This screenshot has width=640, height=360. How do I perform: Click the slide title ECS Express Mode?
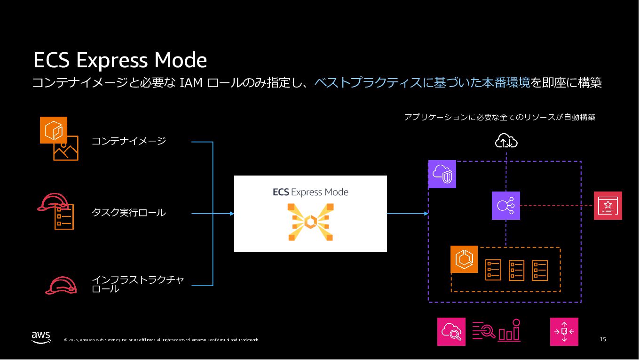(120, 61)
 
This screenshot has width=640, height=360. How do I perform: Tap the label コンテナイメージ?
(128, 141)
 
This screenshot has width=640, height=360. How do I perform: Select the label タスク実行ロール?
(128, 213)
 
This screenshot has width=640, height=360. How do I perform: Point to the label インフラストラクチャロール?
(137, 285)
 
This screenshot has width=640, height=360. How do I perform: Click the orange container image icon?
(54, 130)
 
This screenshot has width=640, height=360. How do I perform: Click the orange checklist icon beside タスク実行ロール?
(64, 217)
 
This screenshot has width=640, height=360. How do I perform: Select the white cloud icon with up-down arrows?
(506, 141)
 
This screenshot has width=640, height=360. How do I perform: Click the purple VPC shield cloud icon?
(442, 174)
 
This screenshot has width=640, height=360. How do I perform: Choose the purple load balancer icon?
(506, 206)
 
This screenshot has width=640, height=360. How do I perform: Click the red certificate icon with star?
(608, 206)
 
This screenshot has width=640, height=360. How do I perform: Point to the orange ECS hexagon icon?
(464, 259)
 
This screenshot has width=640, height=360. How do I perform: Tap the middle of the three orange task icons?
(516, 270)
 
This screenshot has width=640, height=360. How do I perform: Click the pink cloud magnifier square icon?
(451, 332)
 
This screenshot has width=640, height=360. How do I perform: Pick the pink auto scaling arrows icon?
(564, 332)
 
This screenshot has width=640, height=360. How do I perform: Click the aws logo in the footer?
(41, 337)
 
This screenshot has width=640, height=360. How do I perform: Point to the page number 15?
(603, 339)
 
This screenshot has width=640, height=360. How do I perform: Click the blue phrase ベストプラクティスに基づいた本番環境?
(422, 83)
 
